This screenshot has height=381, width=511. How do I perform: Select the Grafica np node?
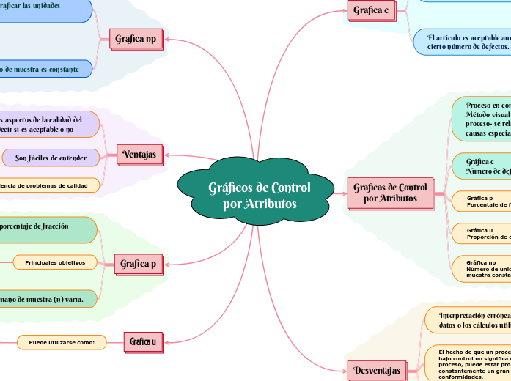(x=136, y=39)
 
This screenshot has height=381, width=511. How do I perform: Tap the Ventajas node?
(x=139, y=154)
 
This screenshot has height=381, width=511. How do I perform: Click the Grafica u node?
(x=142, y=341)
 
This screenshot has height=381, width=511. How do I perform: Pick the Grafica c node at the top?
(x=370, y=10)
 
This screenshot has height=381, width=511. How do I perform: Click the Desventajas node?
(x=376, y=370)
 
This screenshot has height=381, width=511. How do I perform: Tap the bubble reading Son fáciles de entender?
(x=51, y=158)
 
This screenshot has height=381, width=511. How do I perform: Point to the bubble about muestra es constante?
(x=44, y=68)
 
